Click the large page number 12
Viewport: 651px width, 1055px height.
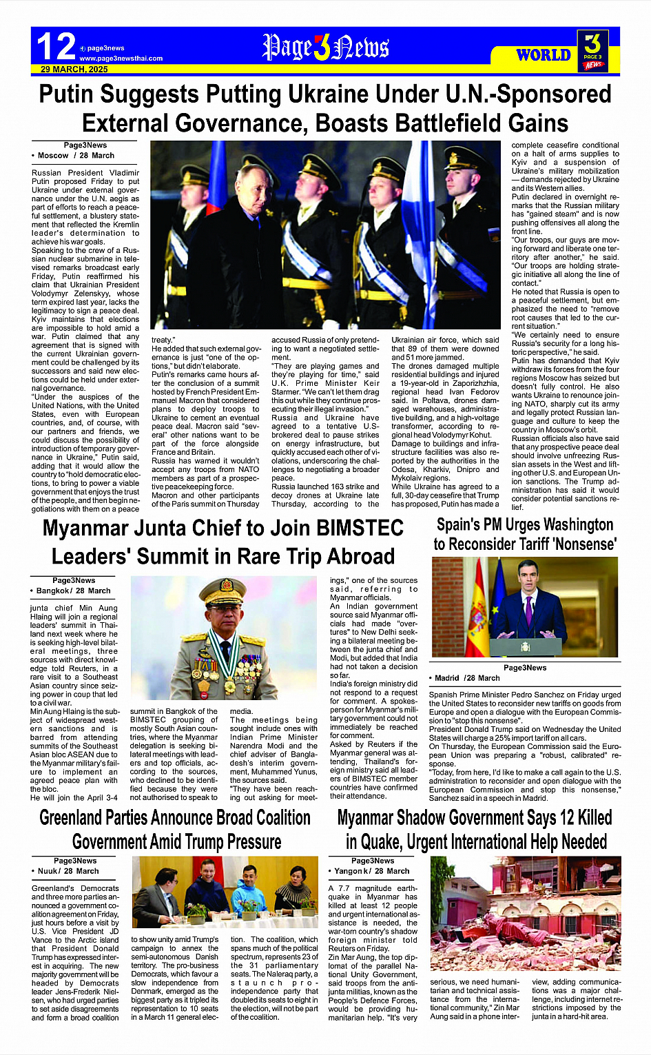55,47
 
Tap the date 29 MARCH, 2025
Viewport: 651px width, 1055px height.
74,70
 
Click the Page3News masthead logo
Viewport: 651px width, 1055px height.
325,48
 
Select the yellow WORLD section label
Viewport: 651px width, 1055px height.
544,55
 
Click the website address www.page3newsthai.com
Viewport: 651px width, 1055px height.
121,59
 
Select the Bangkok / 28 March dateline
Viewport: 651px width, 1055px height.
72,591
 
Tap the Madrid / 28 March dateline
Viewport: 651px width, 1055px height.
466,678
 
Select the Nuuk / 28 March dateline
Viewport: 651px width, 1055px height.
67,872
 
